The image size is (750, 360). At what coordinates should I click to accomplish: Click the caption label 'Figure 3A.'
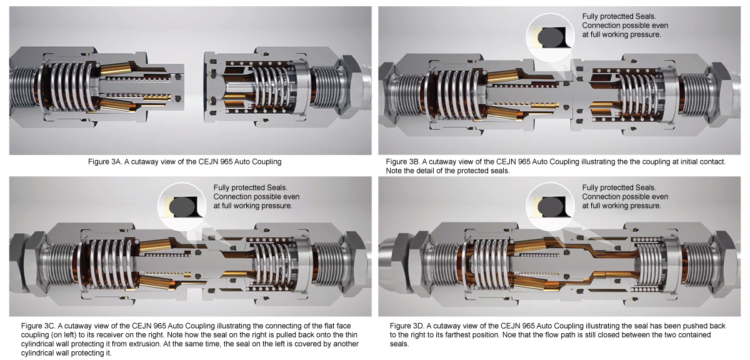tap(105, 162)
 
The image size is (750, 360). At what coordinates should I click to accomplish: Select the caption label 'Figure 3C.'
tap(38, 326)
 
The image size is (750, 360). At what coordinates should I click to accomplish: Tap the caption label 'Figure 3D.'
tap(407, 326)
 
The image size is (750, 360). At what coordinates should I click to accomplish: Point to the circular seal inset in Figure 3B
tap(550, 37)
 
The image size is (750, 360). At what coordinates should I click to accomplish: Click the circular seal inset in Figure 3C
tap(182, 207)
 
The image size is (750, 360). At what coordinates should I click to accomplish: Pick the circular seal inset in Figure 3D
tap(550, 207)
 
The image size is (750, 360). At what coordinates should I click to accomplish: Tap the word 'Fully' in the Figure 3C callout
tap(221, 188)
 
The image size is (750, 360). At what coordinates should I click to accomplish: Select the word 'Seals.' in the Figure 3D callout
tap(646, 187)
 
